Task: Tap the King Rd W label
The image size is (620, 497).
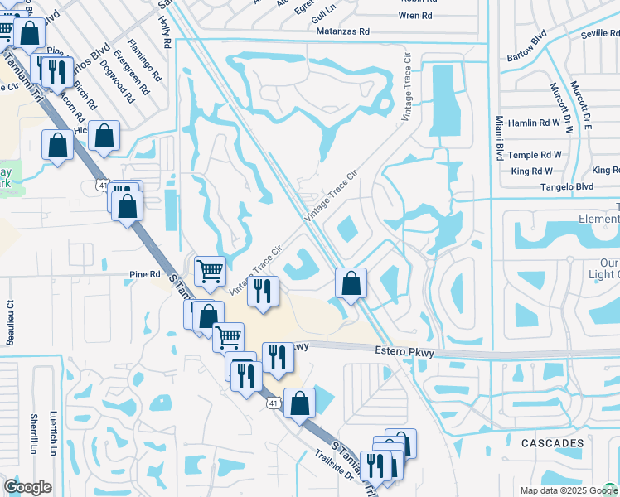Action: tap(532, 171)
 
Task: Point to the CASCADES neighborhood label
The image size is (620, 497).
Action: tap(552, 444)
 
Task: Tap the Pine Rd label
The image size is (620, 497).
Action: tap(144, 274)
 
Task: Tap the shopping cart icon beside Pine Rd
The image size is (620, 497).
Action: tap(210, 270)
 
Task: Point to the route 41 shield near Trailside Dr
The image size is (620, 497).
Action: tap(273, 403)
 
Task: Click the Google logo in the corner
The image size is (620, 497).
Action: tap(27, 487)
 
